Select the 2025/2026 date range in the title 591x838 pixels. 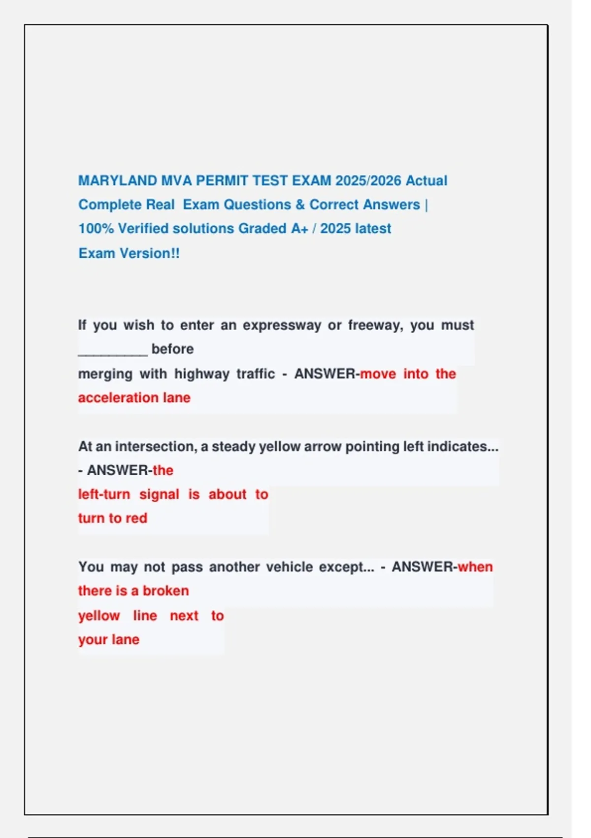click(368, 180)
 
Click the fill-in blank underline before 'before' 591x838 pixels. click(113, 350)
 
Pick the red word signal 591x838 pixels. click(159, 494)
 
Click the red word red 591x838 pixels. click(136, 518)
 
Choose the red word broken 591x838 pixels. click(165, 591)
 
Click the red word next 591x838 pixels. click(184, 616)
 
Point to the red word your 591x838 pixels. click(93, 640)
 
